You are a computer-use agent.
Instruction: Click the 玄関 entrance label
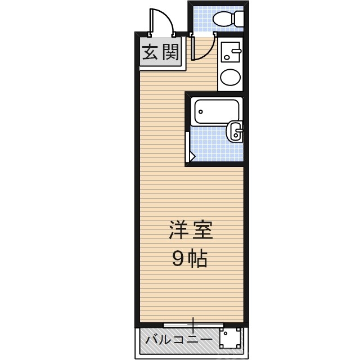tap(160, 53)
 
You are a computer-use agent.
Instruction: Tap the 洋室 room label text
tap(191, 231)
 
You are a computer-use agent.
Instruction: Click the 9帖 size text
tap(190, 259)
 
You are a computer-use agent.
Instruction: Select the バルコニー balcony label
tap(179, 340)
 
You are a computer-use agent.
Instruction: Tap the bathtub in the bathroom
tap(216, 112)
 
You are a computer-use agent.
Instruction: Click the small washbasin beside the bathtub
tap(235, 133)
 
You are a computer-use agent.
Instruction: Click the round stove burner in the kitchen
tap(229, 78)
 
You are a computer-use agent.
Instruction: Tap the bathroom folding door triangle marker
tap(191, 155)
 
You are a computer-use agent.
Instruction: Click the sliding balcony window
tap(193, 325)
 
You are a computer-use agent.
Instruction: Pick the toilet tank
tap(240, 19)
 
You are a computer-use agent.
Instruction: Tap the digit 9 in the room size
tap(178, 259)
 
